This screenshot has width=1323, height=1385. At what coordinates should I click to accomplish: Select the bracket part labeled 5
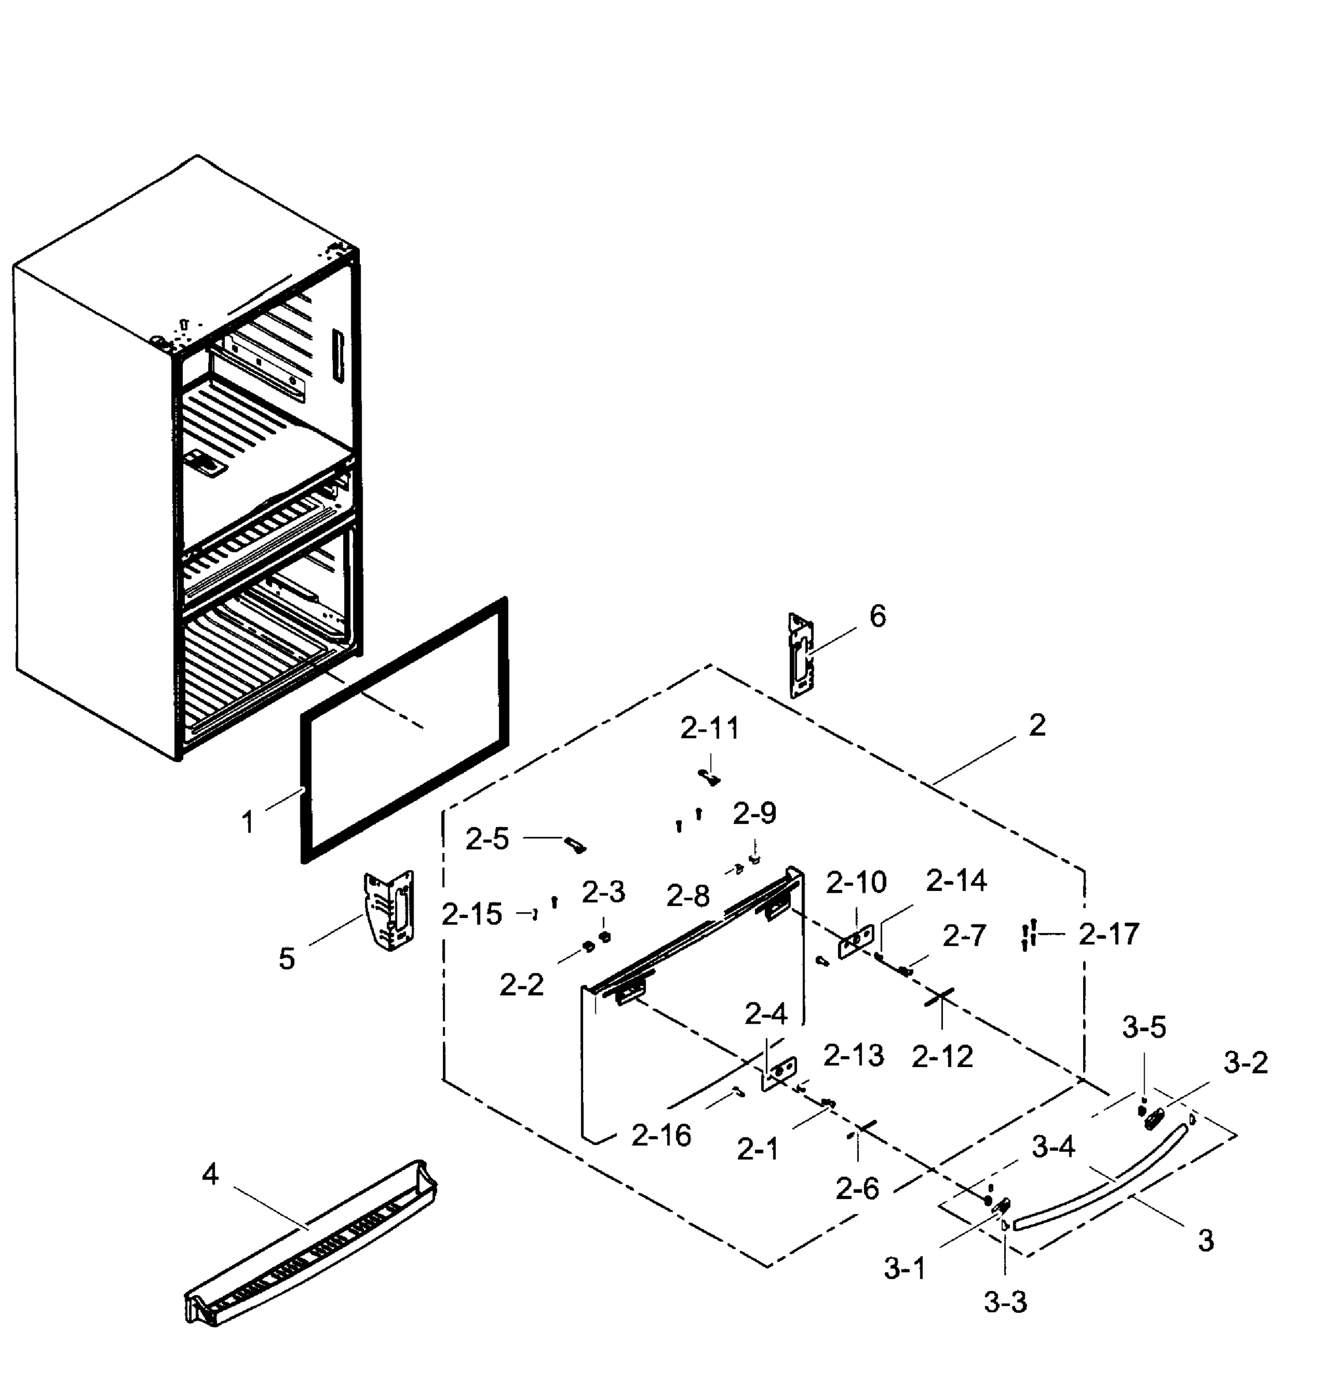point(389,911)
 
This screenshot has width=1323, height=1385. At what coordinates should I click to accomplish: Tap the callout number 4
point(210,1174)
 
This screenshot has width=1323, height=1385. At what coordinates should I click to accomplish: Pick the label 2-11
point(709,728)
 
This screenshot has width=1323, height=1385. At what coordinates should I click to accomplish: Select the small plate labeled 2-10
point(855,941)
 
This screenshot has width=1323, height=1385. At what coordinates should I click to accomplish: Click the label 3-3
point(1005,1302)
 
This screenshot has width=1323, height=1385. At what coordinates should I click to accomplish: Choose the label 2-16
point(661,1135)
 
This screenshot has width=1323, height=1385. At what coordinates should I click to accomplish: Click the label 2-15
point(472,915)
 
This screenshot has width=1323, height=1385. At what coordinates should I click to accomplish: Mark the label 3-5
point(1144,1027)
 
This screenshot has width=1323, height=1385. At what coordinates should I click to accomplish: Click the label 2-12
point(942,1056)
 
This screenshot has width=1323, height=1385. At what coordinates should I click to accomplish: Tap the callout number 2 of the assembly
point(1037,725)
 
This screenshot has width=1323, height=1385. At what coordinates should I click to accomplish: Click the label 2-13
point(854,1055)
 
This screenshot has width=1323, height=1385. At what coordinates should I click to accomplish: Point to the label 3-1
point(905,1269)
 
